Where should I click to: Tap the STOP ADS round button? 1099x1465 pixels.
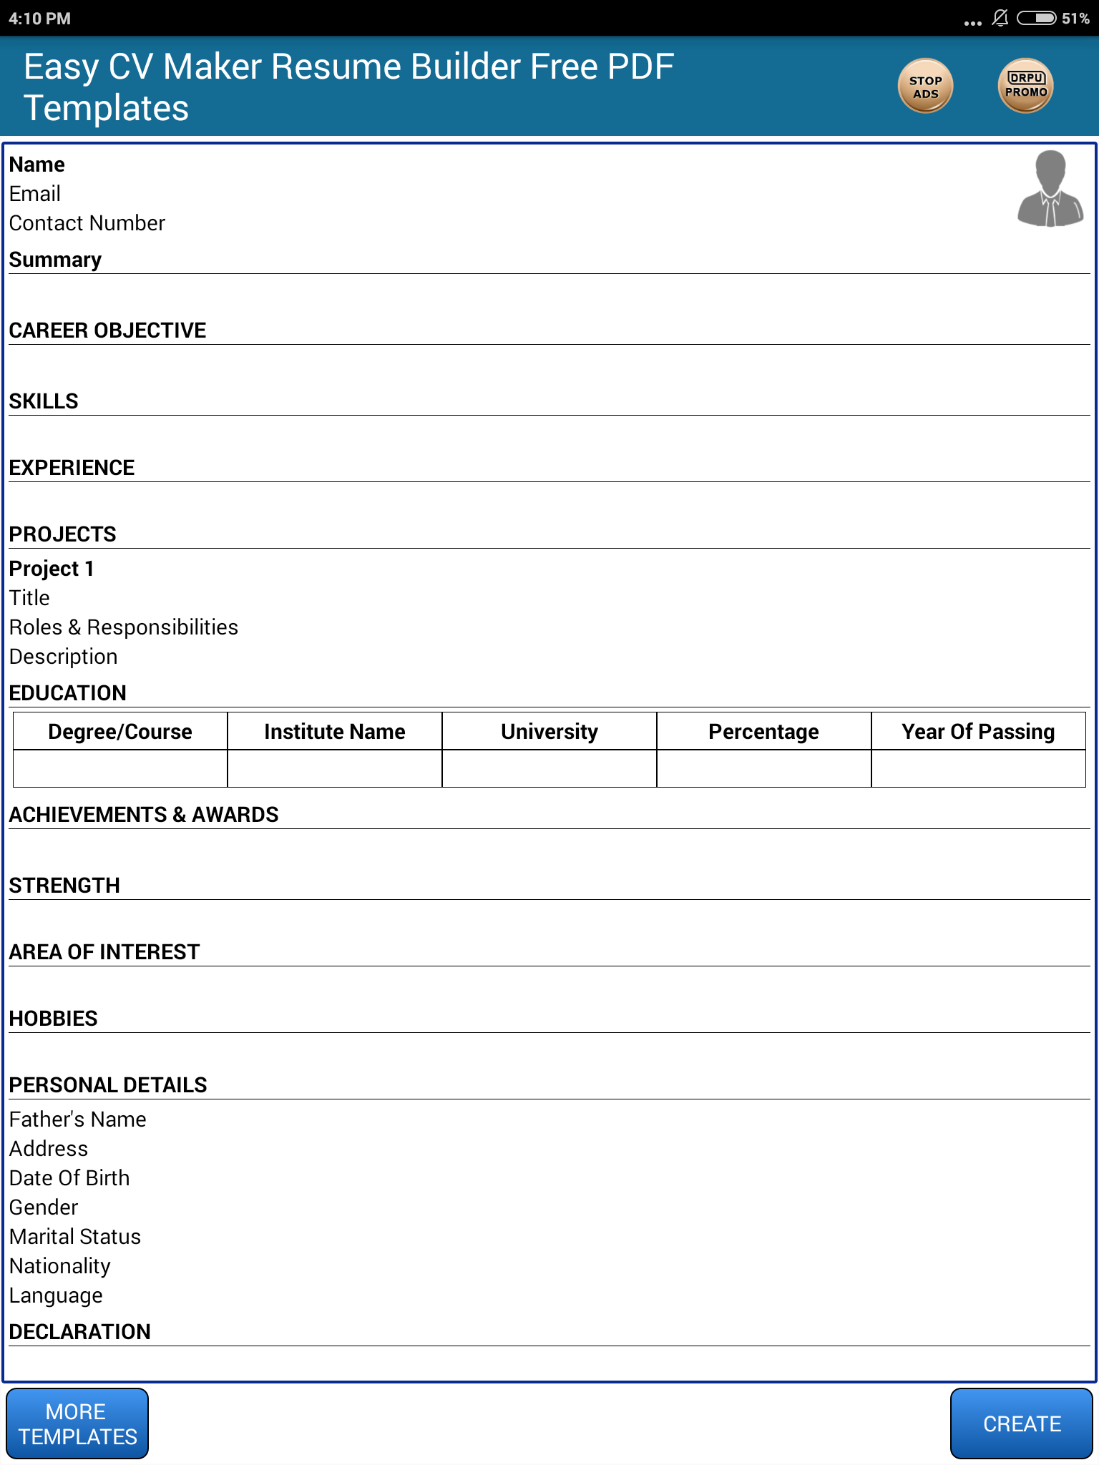[x=925, y=87]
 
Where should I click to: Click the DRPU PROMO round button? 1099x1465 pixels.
[x=1025, y=86]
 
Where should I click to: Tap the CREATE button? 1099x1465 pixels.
[x=1021, y=1424]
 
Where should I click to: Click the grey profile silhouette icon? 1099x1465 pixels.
[x=1050, y=189]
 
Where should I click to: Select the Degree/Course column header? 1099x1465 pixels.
[x=120, y=731]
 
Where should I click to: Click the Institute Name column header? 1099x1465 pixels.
[x=334, y=731]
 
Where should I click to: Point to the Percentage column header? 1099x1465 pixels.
[x=763, y=731]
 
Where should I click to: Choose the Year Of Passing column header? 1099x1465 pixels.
[x=978, y=731]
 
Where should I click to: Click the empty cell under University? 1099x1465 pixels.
[x=549, y=768]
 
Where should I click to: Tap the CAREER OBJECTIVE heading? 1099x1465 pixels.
[x=107, y=330]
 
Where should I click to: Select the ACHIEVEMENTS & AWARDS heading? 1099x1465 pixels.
[x=144, y=815]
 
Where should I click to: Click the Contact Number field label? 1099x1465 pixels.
[x=87, y=223]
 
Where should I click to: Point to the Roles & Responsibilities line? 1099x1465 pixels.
[x=124, y=627]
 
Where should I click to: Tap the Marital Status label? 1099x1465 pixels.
[x=75, y=1237]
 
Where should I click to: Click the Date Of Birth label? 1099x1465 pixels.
[x=69, y=1178]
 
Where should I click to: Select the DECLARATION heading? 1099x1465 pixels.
[x=80, y=1332]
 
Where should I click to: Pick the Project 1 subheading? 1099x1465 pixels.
[x=52, y=569]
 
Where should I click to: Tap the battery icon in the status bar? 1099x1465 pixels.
[x=1036, y=18]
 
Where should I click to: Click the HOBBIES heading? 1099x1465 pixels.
[x=54, y=1019]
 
